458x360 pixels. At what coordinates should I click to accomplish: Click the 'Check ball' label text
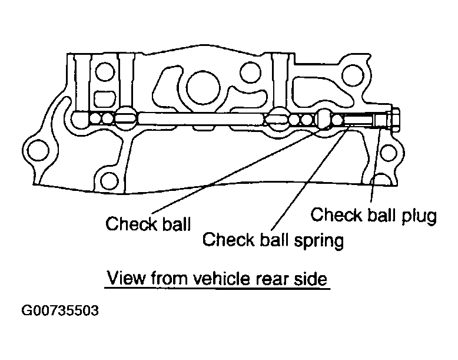[x=148, y=224]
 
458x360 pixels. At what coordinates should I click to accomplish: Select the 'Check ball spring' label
[x=273, y=240]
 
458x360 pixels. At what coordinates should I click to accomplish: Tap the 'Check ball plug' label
[x=373, y=215]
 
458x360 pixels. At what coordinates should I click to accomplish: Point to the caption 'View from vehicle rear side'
[x=217, y=278]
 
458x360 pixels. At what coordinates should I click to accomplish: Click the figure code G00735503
[x=60, y=311]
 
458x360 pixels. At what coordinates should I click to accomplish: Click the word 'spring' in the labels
[x=319, y=241]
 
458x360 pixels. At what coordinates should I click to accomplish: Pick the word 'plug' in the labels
[x=419, y=216]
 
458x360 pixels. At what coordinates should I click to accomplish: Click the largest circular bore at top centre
[x=203, y=87]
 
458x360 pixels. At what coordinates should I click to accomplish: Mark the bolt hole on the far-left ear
[x=38, y=150]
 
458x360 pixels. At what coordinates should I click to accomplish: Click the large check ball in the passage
[x=323, y=118]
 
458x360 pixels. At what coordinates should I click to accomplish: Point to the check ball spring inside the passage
[x=359, y=120]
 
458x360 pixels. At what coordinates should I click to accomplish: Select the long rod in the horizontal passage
[x=201, y=119]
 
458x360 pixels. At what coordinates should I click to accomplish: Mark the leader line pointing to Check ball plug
[x=376, y=165]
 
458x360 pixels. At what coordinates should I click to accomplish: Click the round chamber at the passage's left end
[x=79, y=120]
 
